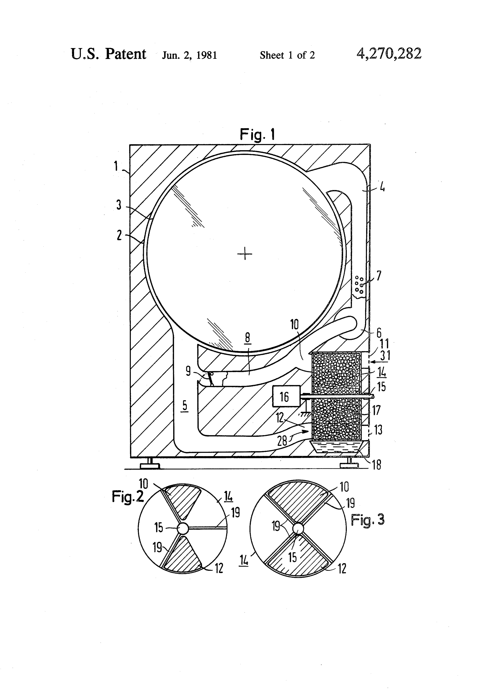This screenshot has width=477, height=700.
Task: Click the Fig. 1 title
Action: (257, 134)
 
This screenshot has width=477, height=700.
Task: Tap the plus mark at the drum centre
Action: (245, 255)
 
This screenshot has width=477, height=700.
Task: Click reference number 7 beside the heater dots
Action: (379, 276)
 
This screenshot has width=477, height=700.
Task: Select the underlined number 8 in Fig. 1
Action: (247, 338)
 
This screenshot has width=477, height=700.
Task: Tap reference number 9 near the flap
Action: (188, 371)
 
